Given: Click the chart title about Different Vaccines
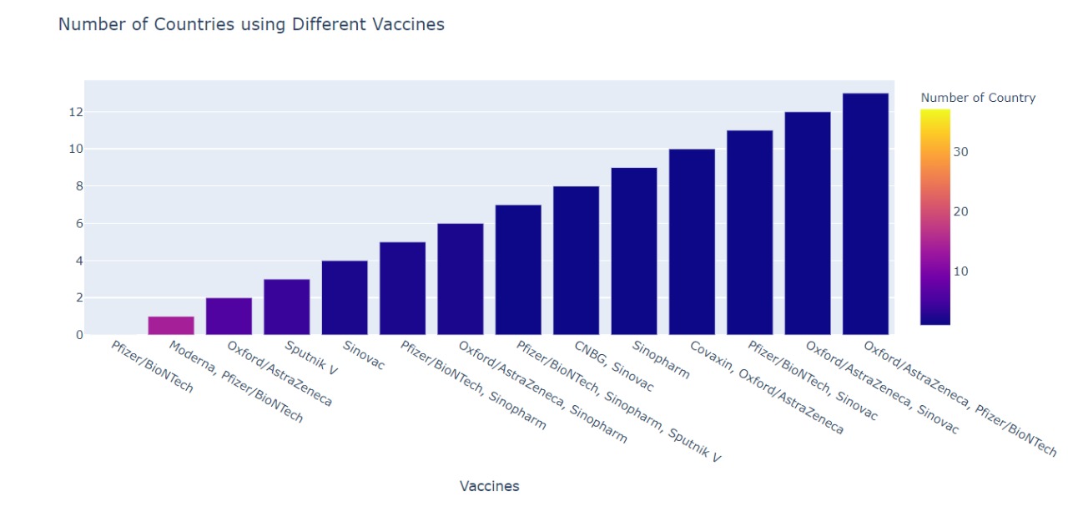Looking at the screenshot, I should (250, 25).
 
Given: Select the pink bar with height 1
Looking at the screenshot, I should (171, 326).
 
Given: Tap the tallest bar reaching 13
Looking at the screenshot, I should (865, 214).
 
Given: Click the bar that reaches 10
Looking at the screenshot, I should (692, 242).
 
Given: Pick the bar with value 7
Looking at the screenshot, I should (518, 270).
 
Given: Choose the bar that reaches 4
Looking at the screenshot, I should (345, 298).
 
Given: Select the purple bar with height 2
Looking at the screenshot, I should (229, 317).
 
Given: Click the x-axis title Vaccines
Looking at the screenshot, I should (489, 486).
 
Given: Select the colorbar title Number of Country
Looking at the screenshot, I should (978, 98).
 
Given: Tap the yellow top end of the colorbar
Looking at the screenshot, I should (934, 113).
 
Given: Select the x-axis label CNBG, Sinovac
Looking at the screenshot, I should (613, 366).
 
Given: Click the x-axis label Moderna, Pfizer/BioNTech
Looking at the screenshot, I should (235, 381).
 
